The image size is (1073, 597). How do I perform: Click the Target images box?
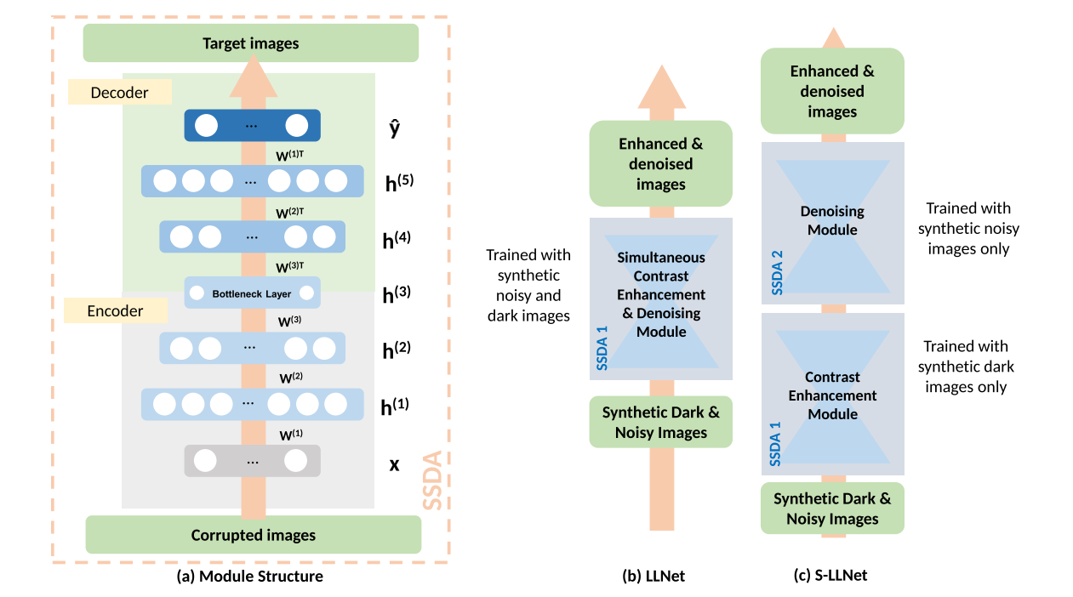[250, 43]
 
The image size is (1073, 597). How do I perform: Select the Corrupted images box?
[253, 535]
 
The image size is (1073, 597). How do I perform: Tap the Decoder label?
[119, 93]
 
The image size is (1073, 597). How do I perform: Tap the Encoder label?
[116, 311]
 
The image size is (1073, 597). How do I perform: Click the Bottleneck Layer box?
[252, 293]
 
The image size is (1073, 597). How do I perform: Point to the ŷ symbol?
[394, 128]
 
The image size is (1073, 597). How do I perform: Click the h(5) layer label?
[398, 182]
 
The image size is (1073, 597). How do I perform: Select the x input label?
[394, 465]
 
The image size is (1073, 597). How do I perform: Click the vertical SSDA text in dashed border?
[433, 480]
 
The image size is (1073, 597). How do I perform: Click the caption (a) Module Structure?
[249, 577]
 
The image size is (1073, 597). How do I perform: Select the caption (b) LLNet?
[654, 577]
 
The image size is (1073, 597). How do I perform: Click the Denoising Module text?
[832, 220]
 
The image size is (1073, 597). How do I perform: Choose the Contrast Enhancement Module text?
[832, 395]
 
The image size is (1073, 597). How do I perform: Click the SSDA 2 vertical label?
[776, 273]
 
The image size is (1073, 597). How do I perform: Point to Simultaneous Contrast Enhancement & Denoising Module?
[661, 294]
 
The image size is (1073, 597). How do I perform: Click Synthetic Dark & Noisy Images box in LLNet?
[660, 422]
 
